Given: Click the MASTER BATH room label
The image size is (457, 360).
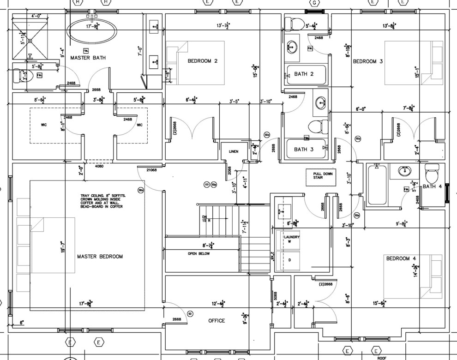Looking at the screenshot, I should (x=88, y=58).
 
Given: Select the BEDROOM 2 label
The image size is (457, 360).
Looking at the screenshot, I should (x=202, y=61).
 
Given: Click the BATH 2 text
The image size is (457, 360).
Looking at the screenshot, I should (x=304, y=74).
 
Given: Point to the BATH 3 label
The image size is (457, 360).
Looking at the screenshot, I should (x=304, y=150).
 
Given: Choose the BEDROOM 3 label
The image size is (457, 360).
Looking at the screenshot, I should (x=368, y=61).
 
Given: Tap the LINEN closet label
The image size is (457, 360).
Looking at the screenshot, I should (x=233, y=151).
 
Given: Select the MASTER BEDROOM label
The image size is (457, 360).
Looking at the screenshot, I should (x=100, y=257).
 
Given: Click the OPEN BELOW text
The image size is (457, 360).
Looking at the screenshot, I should (x=199, y=254).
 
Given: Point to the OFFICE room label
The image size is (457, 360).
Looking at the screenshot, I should (x=216, y=321).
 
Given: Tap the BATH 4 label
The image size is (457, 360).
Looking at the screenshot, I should (x=432, y=187).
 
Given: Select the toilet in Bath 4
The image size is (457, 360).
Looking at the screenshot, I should (x=432, y=174).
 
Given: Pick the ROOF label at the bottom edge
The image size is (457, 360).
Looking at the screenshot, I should (x=381, y=357).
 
